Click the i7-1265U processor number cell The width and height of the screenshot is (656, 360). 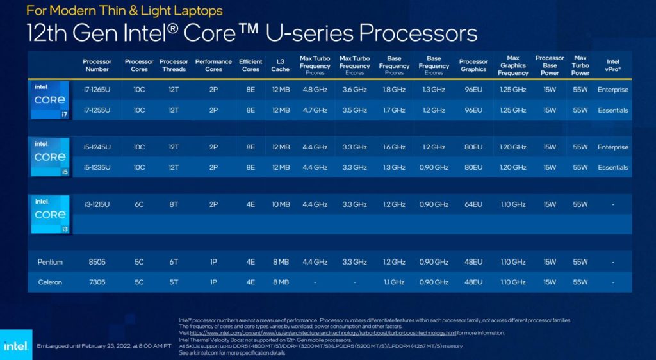point(97,90)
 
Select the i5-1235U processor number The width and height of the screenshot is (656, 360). point(97,167)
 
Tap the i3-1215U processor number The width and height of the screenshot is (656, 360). point(97,204)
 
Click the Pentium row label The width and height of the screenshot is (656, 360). point(50,262)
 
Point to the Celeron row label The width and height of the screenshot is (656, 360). point(50,282)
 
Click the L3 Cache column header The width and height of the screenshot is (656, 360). point(280,65)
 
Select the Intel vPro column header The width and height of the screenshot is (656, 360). point(612,65)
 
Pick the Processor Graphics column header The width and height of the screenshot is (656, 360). point(473,65)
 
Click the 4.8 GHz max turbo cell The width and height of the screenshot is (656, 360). point(315,90)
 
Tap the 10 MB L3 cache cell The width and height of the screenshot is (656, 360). point(280,204)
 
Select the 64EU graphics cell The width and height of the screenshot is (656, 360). point(473,204)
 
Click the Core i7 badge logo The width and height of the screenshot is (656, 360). point(49,100)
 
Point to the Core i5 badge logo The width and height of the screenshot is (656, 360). point(49,157)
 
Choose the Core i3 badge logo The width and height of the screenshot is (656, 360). point(49,215)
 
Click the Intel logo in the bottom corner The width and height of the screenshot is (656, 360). point(15,346)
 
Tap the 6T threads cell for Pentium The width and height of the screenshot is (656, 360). point(174,262)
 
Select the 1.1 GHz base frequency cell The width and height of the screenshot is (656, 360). point(394,282)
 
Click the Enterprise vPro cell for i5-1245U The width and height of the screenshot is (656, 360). point(612,147)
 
